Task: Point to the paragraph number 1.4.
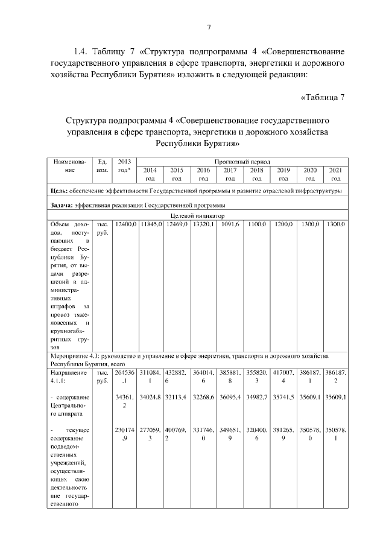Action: (x=81, y=51)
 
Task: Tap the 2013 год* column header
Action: (x=125, y=166)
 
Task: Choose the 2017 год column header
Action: (x=230, y=174)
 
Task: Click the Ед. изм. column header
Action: (x=103, y=166)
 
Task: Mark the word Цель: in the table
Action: (x=61, y=191)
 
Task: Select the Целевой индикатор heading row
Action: (x=197, y=215)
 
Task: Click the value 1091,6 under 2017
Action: (x=230, y=224)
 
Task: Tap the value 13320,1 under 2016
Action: (x=204, y=224)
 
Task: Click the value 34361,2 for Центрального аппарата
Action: (x=125, y=401)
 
